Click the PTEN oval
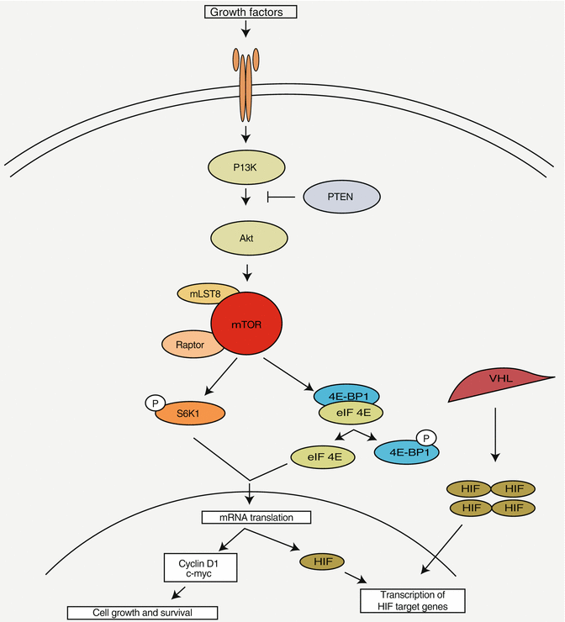341,198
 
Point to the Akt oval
246,238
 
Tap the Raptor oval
189,344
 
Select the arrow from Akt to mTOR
246,270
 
